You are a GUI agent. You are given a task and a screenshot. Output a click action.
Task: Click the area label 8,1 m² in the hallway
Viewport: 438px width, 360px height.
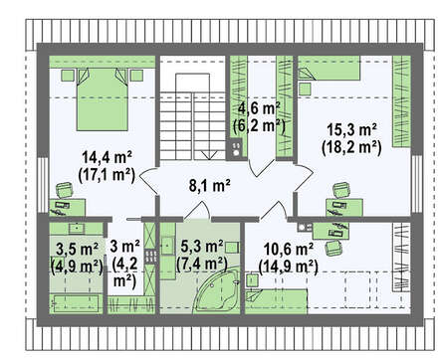coord(210,186)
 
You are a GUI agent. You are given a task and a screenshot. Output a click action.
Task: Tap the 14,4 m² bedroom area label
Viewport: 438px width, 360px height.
coord(108,157)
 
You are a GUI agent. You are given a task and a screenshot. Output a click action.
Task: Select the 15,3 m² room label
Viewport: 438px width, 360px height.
coord(351,129)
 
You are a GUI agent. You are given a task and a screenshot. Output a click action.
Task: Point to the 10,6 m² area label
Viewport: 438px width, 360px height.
coord(289,249)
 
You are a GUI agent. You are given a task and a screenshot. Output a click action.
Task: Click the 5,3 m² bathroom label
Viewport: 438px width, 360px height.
coord(202,247)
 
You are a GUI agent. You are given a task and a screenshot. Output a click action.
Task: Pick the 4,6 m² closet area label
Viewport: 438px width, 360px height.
coord(260,108)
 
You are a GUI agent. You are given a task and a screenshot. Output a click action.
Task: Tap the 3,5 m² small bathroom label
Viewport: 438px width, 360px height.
coord(77,250)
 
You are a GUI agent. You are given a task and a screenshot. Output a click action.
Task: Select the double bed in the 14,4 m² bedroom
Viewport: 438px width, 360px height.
coord(102,99)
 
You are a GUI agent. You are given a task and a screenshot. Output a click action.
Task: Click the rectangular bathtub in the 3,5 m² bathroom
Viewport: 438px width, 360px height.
coord(76,303)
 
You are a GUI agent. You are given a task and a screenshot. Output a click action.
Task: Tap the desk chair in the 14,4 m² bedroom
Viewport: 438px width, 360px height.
coord(64,191)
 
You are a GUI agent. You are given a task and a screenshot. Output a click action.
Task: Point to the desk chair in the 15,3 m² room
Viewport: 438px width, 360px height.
coord(341,190)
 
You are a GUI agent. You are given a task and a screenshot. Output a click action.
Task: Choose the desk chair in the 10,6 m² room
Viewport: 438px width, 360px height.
coord(333,248)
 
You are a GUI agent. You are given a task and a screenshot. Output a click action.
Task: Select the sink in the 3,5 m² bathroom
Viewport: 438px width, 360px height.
coord(77,229)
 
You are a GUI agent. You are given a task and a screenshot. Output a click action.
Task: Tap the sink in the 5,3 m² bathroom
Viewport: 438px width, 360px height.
coord(168,246)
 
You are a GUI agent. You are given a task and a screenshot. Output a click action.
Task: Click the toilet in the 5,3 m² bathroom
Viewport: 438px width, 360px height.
coord(232,247)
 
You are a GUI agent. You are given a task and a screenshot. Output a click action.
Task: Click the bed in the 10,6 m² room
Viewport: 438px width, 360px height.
coord(276,301)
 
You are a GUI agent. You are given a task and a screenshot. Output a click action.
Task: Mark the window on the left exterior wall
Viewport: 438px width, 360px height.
coord(43,184)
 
